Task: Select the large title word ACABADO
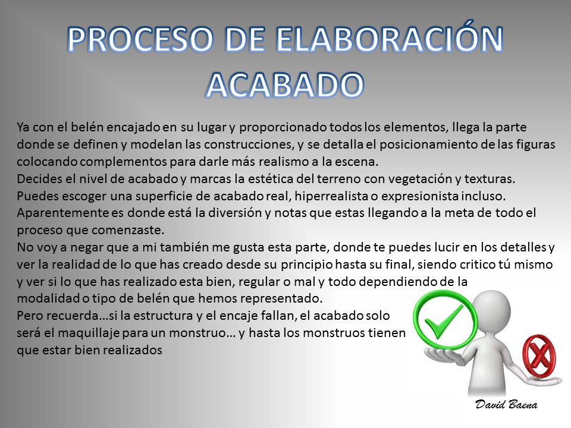point(285,85)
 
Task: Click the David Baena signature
point(506,404)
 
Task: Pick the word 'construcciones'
point(249,144)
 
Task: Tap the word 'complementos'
point(124,162)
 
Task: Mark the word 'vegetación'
point(408,179)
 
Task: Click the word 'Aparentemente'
point(62,213)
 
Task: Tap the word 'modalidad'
point(48,298)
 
